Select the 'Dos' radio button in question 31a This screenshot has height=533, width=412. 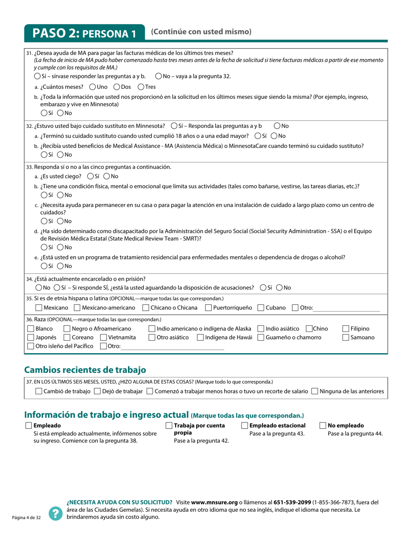tap(117, 87)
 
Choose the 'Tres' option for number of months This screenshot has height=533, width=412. tap(141, 87)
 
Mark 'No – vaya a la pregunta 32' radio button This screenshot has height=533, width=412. tap(158, 76)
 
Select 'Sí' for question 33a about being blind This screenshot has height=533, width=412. tap(90, 176)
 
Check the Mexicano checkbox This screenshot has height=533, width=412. tap(39, 308)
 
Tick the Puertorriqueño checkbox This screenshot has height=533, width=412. tap(208, 308)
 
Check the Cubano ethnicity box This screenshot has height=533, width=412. tap(261, 308)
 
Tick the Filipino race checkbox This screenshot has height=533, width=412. tap(346, 329)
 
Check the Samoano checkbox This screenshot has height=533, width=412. tap(346, 338)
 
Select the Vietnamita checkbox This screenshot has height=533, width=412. tap(104, 338)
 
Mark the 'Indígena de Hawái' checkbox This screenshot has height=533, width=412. tap(200, 338)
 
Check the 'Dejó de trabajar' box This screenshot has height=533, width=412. tap(97, 391)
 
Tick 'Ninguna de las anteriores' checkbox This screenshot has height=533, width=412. tap(315, 391)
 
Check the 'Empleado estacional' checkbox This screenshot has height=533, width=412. tap(245, 426)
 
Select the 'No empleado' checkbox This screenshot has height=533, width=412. tap(323, 426)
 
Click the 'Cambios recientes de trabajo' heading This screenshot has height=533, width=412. tap(85, 370)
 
